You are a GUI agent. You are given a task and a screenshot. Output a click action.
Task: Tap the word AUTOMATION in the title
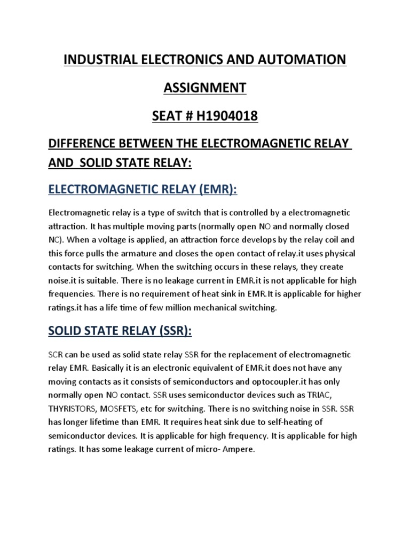coord(302,60)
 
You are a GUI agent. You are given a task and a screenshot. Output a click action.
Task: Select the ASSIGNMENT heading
coord(205,88)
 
